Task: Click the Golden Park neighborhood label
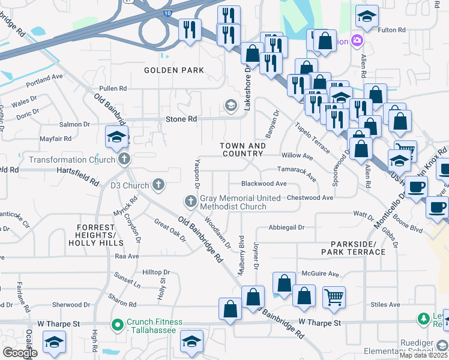click(x=174, y=70)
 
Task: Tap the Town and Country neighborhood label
click(x=243, y=150)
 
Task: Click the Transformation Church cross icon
click(x=124, y=160)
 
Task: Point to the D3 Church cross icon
click(x=158, y=185)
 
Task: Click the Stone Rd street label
click(x=181, y=119)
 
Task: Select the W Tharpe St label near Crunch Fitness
click(x=59, y=323)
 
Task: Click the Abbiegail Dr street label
click(x=286, y=227)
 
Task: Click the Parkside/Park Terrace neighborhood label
click(x=358, y=248)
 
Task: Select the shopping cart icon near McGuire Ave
click(x=334, y=296)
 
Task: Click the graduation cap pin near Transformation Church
click(x=116, y=137)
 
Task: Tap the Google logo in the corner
click(x=20, y=353)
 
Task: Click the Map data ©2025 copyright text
click(x=423, y=355)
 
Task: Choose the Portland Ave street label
click(x=44, y=77)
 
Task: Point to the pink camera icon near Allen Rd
click(x=358, y=41)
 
